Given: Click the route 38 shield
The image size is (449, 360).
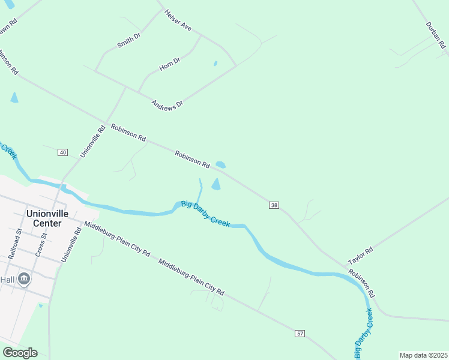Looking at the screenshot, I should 274,205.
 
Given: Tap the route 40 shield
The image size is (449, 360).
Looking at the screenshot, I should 62,152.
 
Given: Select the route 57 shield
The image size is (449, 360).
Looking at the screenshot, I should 300,333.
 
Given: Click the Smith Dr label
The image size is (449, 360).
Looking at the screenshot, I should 128,40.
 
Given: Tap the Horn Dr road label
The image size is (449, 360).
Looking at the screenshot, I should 170,64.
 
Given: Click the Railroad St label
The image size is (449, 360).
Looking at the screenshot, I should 15,243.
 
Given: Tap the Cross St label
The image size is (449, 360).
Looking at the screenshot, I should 40,246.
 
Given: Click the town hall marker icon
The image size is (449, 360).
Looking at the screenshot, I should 24,278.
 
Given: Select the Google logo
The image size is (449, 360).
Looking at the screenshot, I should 20,353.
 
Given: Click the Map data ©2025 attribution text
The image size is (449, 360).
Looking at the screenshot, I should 423,355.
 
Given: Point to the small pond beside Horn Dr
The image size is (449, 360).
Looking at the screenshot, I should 215,63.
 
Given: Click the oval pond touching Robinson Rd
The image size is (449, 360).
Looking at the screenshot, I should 220,164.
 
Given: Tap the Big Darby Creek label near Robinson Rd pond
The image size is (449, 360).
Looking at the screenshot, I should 205,213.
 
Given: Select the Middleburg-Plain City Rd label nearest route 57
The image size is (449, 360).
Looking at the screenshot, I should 191,277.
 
